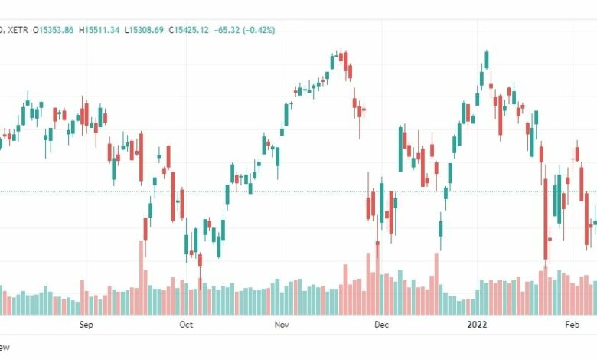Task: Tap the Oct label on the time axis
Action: [185, 325]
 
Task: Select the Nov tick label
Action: [282, 325]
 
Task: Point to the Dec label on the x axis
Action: [382, 325]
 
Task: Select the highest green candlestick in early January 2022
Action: [486, 60]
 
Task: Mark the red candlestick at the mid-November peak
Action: [346, 61]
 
